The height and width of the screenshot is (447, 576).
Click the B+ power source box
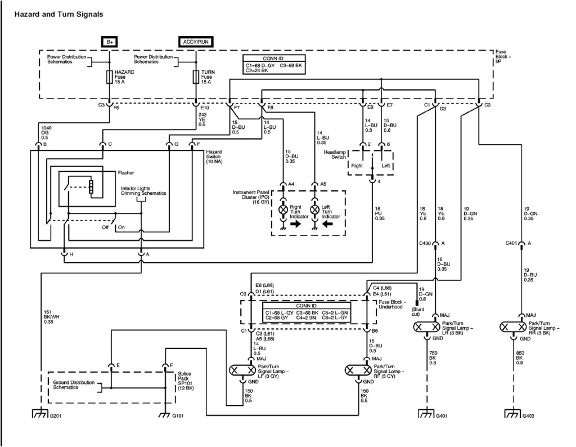pyautogui.click(x=109, y=41)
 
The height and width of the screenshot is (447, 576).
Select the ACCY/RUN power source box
pyautogui.click(x=196, y=41)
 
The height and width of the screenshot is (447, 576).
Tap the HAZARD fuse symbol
pyautogui.click(x=109, y=77)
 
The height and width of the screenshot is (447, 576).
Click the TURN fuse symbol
pyautogui.click(x=196, y=77)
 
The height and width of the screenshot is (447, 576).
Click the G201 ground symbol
pyautogui.click(x=39, y=415)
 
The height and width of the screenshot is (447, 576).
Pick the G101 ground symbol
pyautogui.click(x=164, y=415)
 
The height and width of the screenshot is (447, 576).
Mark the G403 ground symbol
pyautogui.click(x=512, y=415)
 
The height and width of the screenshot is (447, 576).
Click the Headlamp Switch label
pyautogui.click(x=336, y=154)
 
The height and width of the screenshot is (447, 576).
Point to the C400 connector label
pyautogui.click(x=425, y=243)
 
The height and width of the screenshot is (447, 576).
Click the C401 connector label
pyautogui.click(x=512, y=243)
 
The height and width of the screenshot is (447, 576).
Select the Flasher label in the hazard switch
pyautogui.click(x=125, y=173)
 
